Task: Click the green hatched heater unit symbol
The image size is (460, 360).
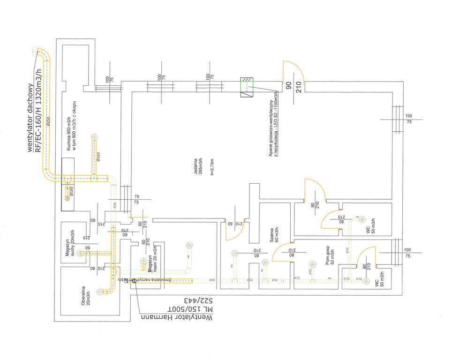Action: pos(247,88)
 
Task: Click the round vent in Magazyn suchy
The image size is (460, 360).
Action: pos(82,253)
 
